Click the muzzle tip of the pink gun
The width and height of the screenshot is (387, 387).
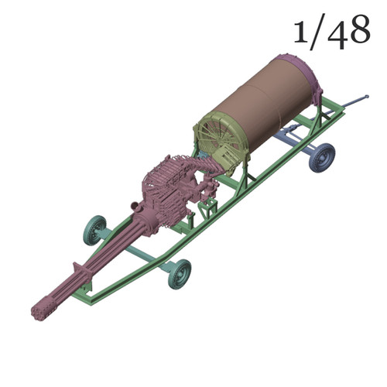point(38,313)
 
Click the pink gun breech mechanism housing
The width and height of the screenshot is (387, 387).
point(166,190)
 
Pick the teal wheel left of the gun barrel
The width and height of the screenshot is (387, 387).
point(94,230)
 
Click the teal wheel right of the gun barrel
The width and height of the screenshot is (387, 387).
point(179,272)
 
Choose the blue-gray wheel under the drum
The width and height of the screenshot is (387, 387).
point(321,157)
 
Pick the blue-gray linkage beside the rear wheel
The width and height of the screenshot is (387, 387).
point(298,140)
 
